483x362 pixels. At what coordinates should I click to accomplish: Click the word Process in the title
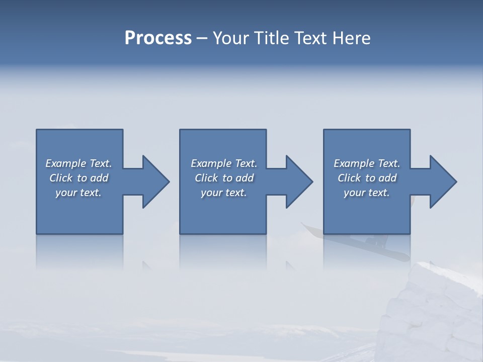tap(158, 38)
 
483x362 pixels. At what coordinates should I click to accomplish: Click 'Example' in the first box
tap(66, 163)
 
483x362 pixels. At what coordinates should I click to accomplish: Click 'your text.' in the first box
tap(78, 193)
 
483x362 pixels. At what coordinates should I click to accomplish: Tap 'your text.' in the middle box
tap(224, 193)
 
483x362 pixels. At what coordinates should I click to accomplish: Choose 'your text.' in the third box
tap(367, 193)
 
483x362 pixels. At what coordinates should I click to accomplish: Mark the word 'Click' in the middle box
tap(206, 178)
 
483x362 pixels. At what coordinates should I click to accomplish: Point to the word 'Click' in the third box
tap(349, 178)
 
